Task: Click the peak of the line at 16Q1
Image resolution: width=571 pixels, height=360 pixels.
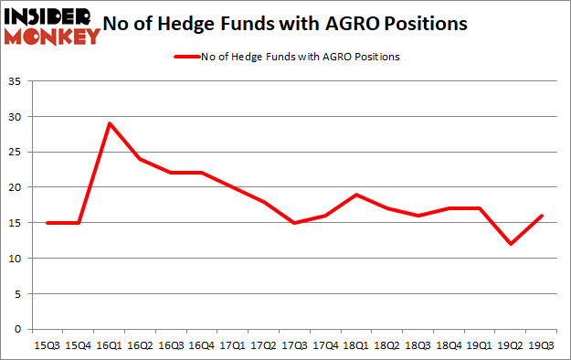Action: [110, 123]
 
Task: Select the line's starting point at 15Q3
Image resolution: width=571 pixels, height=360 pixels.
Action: [48, 223]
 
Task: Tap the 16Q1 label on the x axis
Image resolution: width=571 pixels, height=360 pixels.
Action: [110, 345]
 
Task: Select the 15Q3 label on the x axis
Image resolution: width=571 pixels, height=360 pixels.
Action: [48, 345]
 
